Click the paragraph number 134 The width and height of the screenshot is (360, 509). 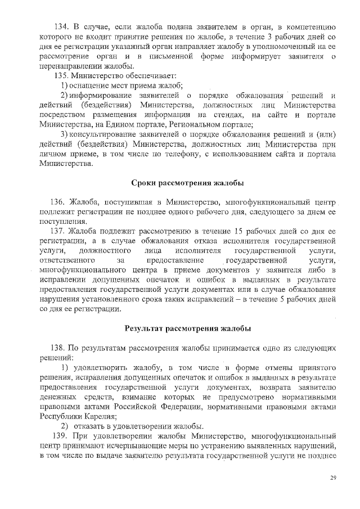(60, 26)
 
